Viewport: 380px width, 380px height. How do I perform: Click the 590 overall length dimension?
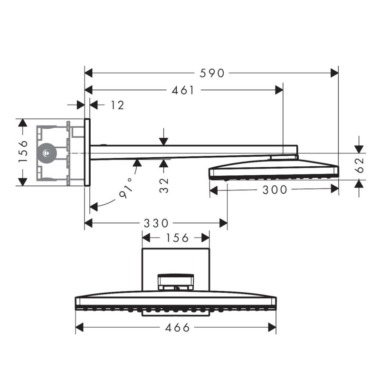[211, 73]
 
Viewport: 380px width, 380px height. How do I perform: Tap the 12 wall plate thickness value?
[116, 105]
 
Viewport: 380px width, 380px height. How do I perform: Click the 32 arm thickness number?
[164, 183]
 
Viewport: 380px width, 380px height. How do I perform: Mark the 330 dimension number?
[156, 223]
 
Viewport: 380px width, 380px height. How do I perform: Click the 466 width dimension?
[177, 327]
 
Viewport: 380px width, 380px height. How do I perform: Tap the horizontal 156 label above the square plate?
[176, 237]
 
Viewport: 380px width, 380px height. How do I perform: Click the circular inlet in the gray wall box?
[46, 152]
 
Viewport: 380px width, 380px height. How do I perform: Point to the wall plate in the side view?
[87, 152]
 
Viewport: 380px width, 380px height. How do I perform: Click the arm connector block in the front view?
[176, 281]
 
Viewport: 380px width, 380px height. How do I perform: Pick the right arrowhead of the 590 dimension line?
[335, 73]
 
